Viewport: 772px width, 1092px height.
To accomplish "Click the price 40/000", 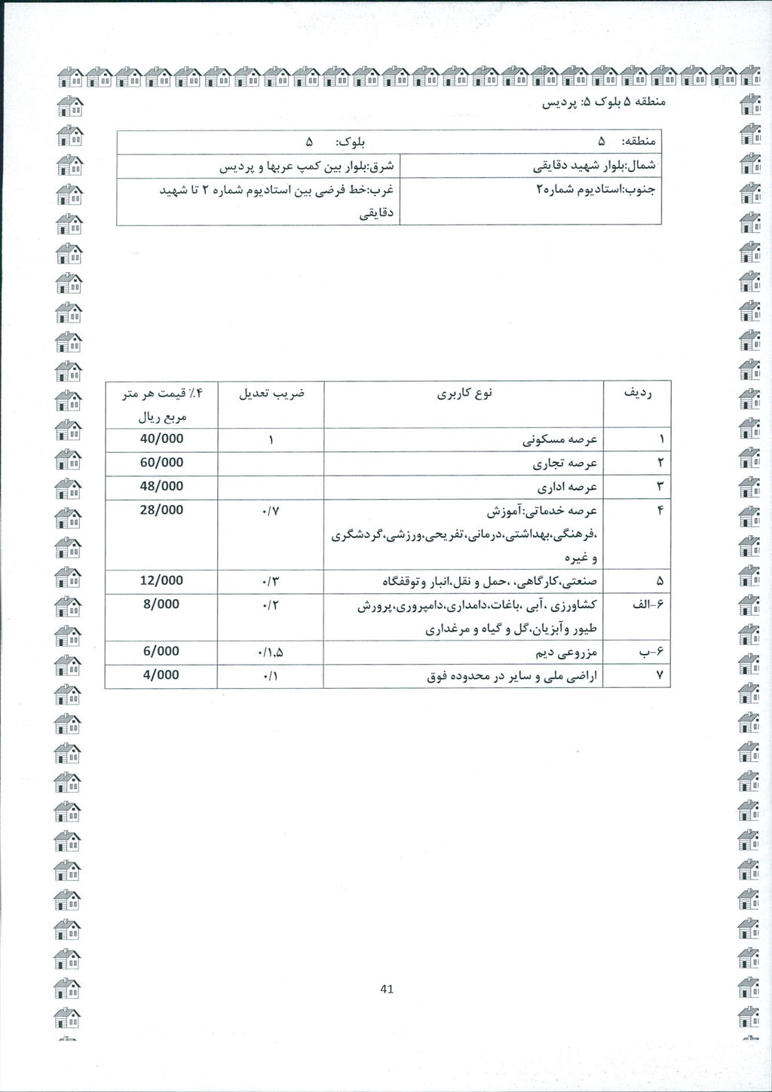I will [x=161, y=439].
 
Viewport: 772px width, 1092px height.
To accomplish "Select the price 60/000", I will [x=161, y=463].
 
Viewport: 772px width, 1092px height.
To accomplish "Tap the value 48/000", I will [x=161, y=487].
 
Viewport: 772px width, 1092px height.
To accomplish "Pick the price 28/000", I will [x=161, y=510].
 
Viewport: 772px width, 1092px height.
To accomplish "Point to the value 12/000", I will [x=161, y=581].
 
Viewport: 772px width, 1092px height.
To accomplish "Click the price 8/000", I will [x=161, y=604].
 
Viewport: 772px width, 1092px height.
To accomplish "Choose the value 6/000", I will [x=161, y=651].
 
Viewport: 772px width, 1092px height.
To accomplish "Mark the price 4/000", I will [x=161, y=675].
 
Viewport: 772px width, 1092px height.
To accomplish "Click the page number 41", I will [x=388, y=990].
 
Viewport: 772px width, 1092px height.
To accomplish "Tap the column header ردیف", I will [x=636, y=393].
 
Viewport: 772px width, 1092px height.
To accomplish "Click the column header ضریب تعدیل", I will [x=271, y=393].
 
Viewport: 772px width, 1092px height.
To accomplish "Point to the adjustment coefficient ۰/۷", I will [x=271, y=512].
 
